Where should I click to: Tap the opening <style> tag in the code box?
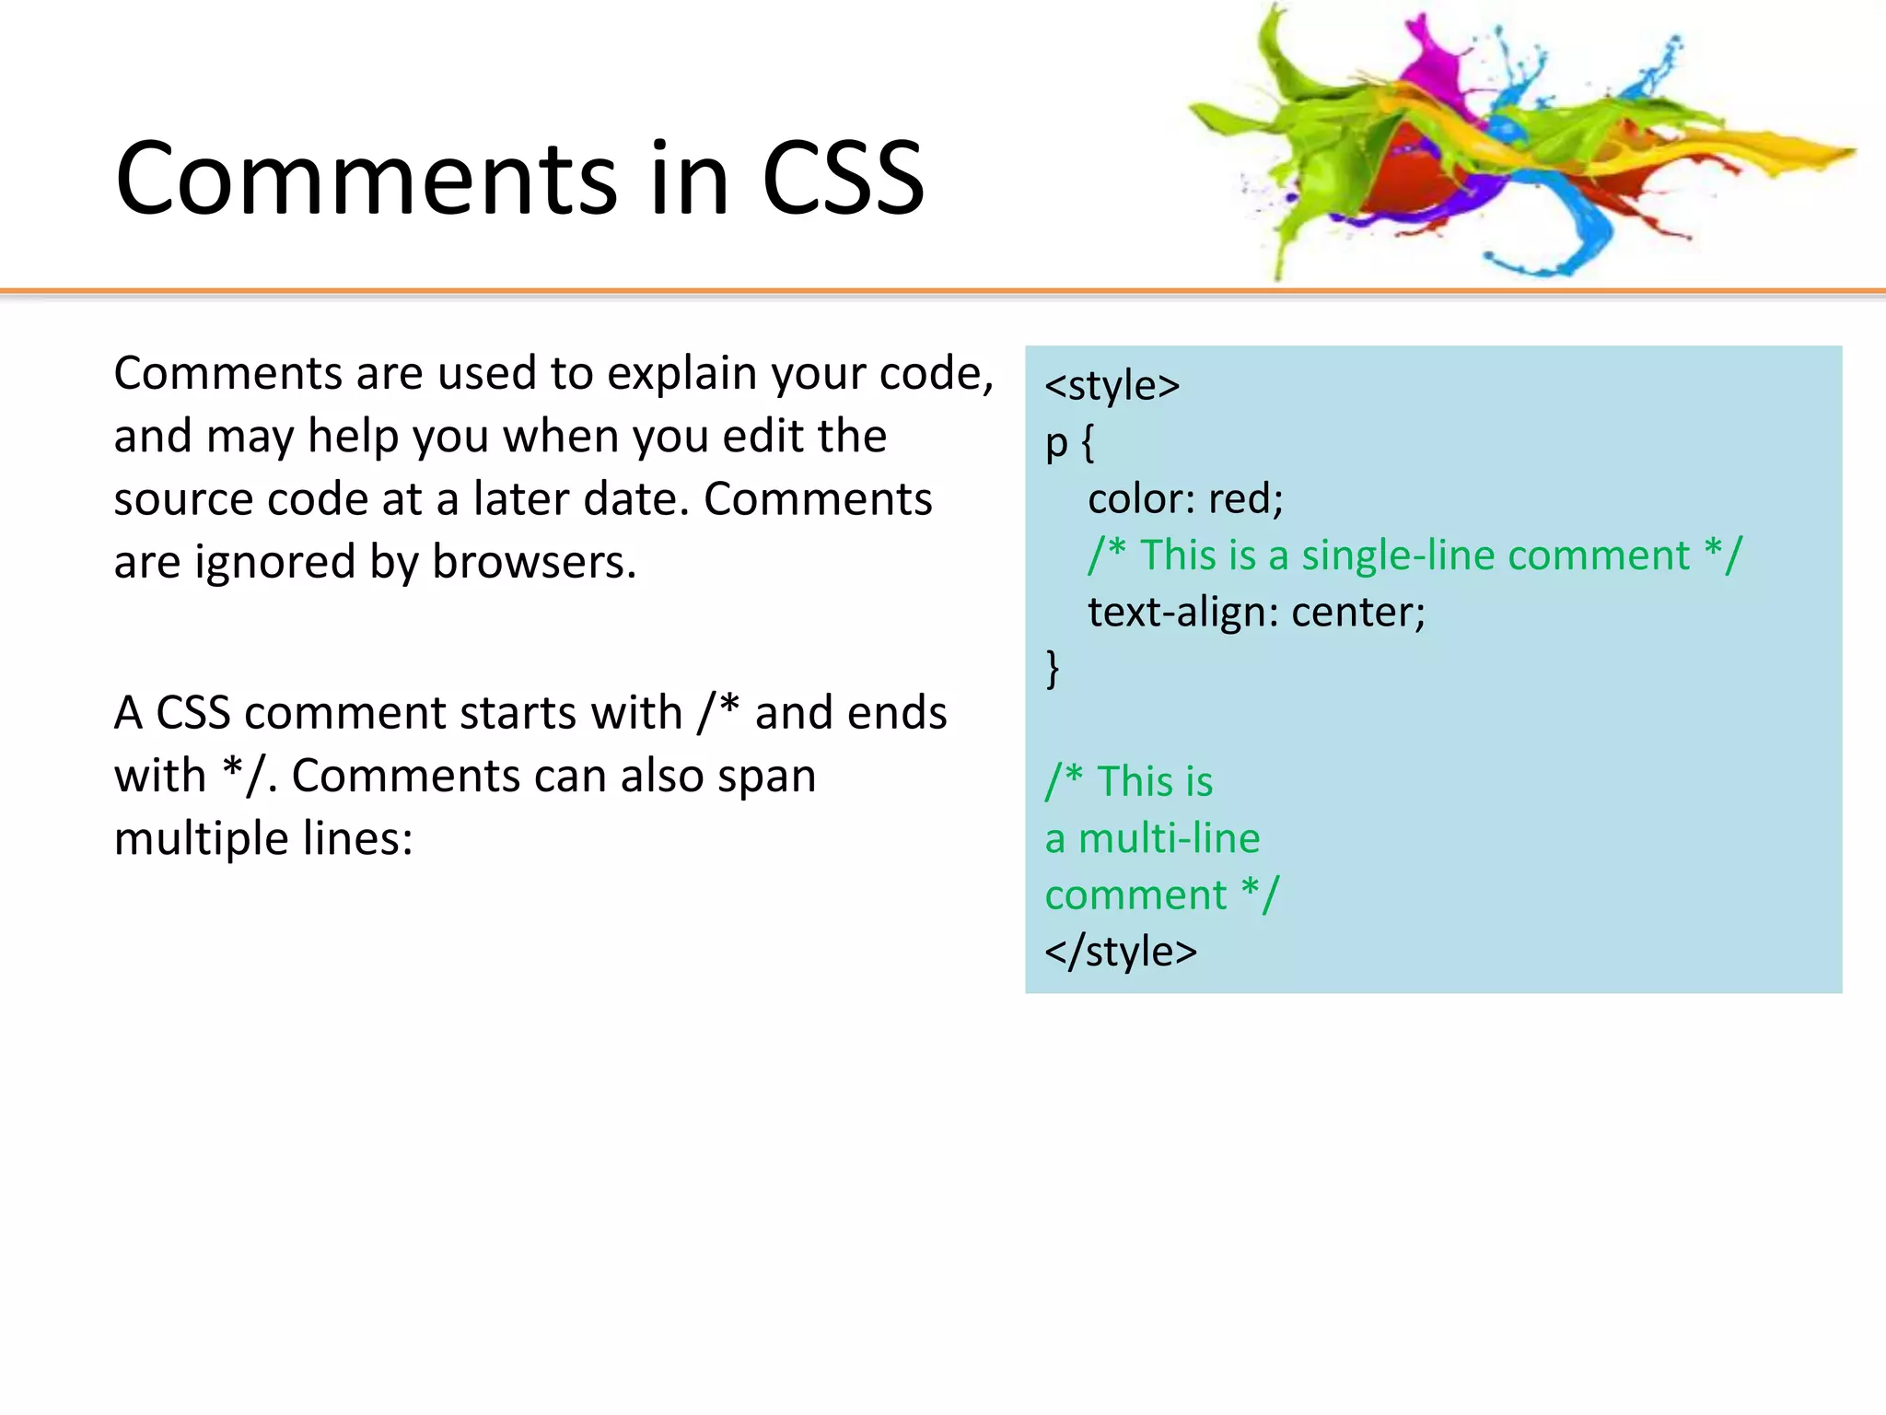(x=1112, y=386)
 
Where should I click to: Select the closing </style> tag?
(x=1121, y=952)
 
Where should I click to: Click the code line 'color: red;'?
(x=1185, y=499)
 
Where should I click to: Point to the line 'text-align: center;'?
(x=1256, y=613)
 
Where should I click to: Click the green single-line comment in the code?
(x=1414, y=555)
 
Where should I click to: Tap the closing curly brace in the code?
(x=1053, y=668)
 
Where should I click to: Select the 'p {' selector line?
(x=1069, y=443)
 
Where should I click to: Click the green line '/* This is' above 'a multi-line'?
(x=1129, y=782)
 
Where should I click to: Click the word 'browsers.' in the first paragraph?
(x=534, y=563)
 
